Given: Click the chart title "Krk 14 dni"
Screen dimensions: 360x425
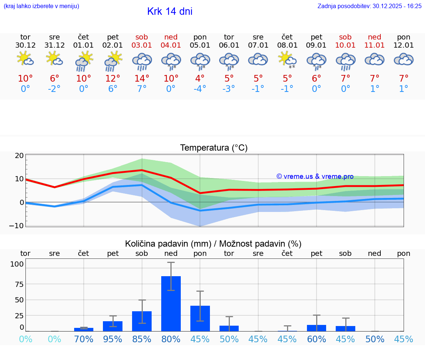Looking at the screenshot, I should (170, 11).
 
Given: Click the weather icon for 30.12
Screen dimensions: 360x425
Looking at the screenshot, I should (25, 59).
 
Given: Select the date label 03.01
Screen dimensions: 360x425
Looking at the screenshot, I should (142, 45).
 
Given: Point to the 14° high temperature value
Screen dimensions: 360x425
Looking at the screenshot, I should (142, 79).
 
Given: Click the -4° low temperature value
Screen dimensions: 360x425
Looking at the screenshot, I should (200, 89).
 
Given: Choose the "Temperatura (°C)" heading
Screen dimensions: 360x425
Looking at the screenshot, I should (214, 148).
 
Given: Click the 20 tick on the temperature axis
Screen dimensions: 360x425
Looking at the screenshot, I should (19, 155).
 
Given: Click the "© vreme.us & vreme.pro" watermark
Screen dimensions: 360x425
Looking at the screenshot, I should (315, 176).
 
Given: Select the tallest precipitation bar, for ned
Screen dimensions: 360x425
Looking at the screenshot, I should (171, 304).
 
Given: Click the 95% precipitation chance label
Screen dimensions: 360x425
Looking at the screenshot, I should (113, 339).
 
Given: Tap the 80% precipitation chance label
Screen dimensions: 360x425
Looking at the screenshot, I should (171, 339).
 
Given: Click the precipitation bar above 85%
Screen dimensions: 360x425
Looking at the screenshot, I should (142, 321).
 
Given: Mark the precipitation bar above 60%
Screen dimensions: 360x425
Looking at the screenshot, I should (317, 328).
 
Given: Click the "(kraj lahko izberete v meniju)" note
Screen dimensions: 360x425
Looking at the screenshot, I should (41, 6).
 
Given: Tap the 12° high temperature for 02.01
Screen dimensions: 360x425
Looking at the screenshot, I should (113, 79).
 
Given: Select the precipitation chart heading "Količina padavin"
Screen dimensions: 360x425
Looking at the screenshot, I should (167, 244).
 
